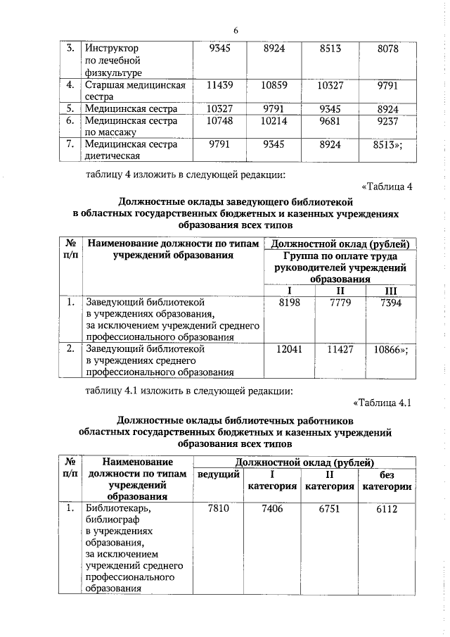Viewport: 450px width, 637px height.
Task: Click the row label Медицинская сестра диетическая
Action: [130, 150]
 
